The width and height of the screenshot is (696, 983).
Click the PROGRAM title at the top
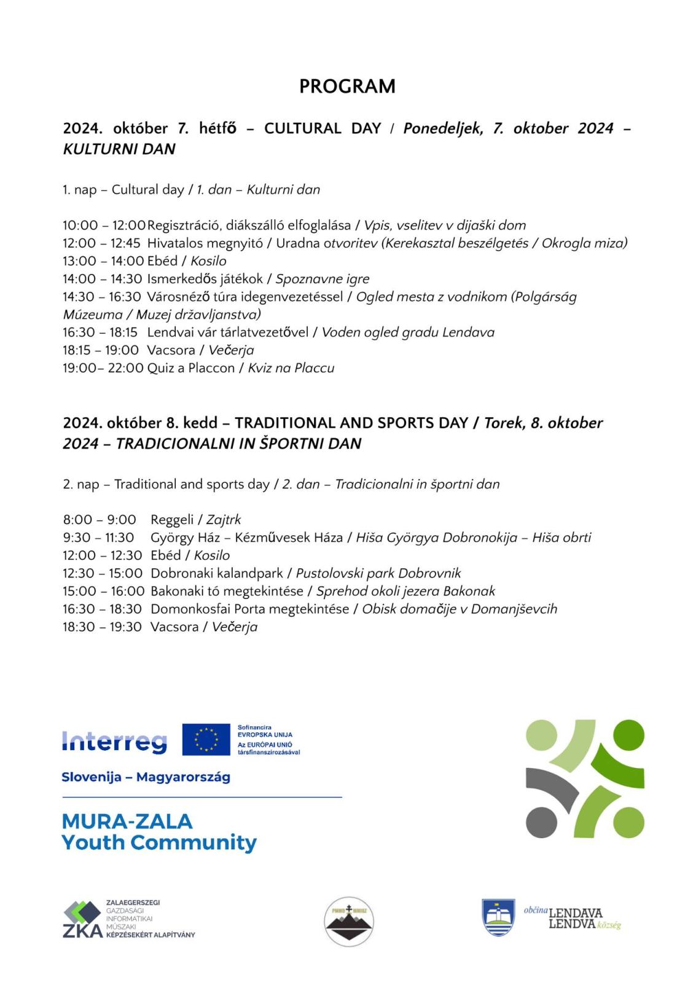[347, 87]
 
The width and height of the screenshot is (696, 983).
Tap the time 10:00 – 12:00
[104, 225]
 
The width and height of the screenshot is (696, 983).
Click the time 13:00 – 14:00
[103, 261]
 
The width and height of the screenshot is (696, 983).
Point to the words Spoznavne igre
[322, 280]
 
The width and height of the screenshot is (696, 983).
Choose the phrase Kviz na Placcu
[291, 368]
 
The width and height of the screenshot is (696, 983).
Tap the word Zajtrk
[224, 520]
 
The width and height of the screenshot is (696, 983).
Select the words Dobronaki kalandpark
[216, 573]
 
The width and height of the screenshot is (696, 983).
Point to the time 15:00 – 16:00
[103, 591]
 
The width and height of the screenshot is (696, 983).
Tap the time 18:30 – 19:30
[102, 627]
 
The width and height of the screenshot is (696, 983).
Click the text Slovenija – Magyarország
[146, 777]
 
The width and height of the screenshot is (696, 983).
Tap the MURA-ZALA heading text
[127, 821]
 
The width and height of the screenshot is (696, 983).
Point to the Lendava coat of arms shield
[498, 917]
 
